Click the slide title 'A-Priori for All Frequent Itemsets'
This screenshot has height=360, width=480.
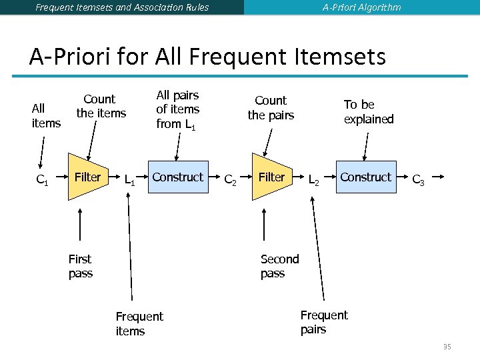pyautogui.click(x=207, y=57)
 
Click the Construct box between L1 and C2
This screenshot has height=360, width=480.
pyautogui.click(x=177, y=177)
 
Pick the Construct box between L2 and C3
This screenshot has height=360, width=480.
pyautogui.click(x=365, y=177)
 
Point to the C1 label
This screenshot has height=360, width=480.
pyautogui.click(x=42, y=179)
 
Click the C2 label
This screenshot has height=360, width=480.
pyautogui.click(x=229, y=179)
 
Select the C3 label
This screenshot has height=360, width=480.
pyautogui.click(x=418, y=179)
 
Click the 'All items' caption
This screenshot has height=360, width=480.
pyautogui.click(x=45, y=115)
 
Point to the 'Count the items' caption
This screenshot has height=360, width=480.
pyautogui.click(x=101, y=106)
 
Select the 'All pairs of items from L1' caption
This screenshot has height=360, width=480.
pyautogui.click(x=177, y=109)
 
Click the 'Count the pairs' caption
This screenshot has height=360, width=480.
pyautogui.click(x=271, y=107)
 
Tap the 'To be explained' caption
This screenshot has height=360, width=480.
pyautogui.click(x=368, y=112)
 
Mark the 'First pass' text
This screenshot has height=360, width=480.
pyautogui.click(x=80, y=266)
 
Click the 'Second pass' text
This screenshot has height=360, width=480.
pyautogui.click(x=279, y=266)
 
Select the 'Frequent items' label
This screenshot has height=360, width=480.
pyautogui.click(x=139, y=323)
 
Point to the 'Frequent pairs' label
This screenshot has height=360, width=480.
pyautogui.click(x=323, y=322)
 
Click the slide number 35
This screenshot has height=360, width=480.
pyautogui.click(x=447, y=347)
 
